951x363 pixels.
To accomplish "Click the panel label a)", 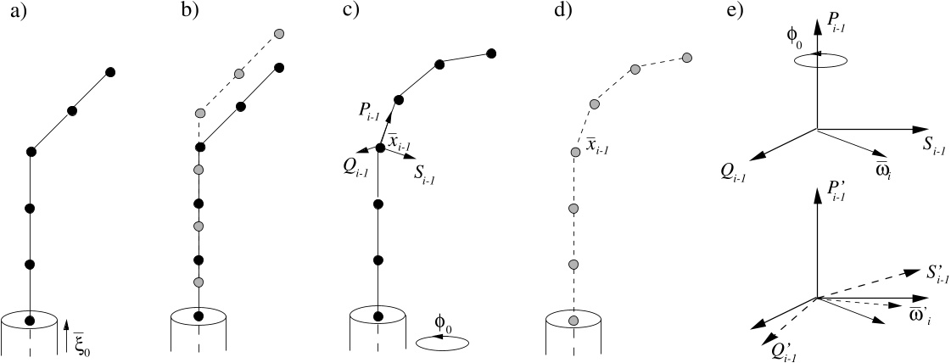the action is (x=19, y=12).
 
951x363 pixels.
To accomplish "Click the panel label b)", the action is (x=190, y=12).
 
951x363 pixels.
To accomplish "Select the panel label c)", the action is (x=350, y=12).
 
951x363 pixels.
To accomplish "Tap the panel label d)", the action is (x=562, y=12).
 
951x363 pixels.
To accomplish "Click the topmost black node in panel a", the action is (x=110, y=73).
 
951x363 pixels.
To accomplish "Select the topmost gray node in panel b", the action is (x=279, y=33).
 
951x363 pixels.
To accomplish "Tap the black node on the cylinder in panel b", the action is (x=199, y=316).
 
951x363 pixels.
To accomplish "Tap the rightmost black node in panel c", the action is (x=492, y=54).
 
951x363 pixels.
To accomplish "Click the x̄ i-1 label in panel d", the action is (x=596, y=145).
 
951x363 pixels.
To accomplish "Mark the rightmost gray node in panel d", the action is (x=686, y=58).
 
